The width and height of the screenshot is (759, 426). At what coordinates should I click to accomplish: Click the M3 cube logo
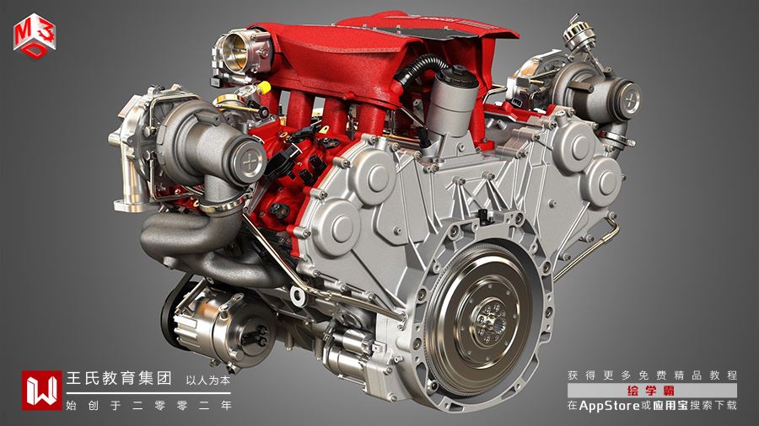pyautogui.click(x=35, y=37)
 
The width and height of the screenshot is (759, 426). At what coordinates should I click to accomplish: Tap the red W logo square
pyautogui.click(x=41, y=391)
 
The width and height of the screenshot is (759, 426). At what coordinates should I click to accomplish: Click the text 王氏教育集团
pyautogui.click(x=119, y=378)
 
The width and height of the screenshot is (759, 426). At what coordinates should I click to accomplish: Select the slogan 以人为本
pyautogui.click(x=207, y=380)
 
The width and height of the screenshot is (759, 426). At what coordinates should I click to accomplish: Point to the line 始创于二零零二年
pyautogui.click(x=148, y=405)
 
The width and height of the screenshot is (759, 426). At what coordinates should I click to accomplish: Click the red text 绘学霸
pyautogui.click(x=651, y=391)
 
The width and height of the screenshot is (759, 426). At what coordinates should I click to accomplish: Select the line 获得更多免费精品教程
pyautogui.click(x=653, y=375)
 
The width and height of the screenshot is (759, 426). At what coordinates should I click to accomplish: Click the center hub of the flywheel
pyautogui.click(x=490, y=319)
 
